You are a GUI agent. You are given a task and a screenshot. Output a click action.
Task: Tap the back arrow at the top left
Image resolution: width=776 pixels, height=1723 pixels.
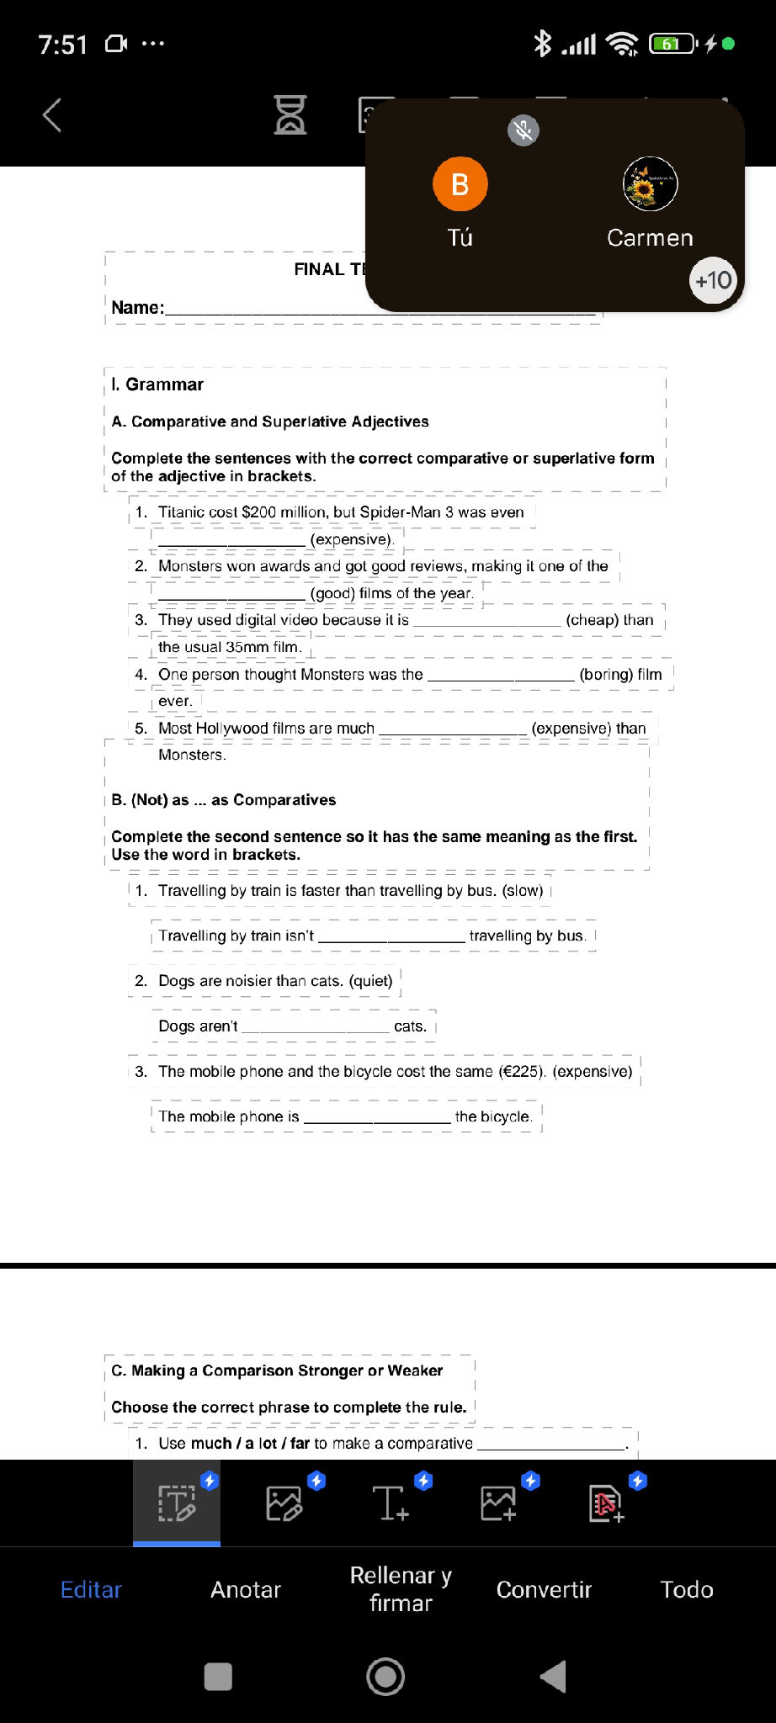point(52,115)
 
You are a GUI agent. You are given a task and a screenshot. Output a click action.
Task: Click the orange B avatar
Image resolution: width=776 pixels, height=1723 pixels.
point(460,183)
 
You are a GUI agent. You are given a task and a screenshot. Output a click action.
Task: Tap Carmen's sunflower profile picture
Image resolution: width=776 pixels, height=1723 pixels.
point(650,183)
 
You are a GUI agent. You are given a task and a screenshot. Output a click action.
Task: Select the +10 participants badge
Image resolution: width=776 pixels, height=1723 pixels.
point(713,280)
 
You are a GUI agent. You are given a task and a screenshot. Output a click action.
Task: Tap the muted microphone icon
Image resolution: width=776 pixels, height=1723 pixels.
point(524,130)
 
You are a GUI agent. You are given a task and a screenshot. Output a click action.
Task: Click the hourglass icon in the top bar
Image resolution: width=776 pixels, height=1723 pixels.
point(290,115)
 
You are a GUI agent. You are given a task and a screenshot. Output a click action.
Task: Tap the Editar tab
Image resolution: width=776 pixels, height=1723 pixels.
point(91,1589)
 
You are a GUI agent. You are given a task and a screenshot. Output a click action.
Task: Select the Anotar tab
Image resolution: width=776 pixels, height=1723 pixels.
point(246,1589)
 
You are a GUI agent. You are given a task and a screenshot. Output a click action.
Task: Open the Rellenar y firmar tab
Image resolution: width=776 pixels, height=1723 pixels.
point(401,1589)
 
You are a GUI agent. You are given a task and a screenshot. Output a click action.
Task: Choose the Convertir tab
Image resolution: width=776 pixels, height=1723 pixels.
point(544,1589)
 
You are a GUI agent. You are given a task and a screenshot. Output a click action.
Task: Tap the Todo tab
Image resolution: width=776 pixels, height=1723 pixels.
point(687,1589)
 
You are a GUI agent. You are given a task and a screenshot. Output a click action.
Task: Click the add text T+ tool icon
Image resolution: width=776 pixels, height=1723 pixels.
point(391,1503)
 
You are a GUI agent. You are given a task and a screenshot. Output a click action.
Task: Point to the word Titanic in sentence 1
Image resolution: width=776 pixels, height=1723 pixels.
point(181,512)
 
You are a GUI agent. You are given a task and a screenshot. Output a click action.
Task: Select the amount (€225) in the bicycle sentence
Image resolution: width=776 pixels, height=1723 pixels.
point(522,1071)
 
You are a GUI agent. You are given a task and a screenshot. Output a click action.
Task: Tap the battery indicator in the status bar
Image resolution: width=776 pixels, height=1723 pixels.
point(672,44)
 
